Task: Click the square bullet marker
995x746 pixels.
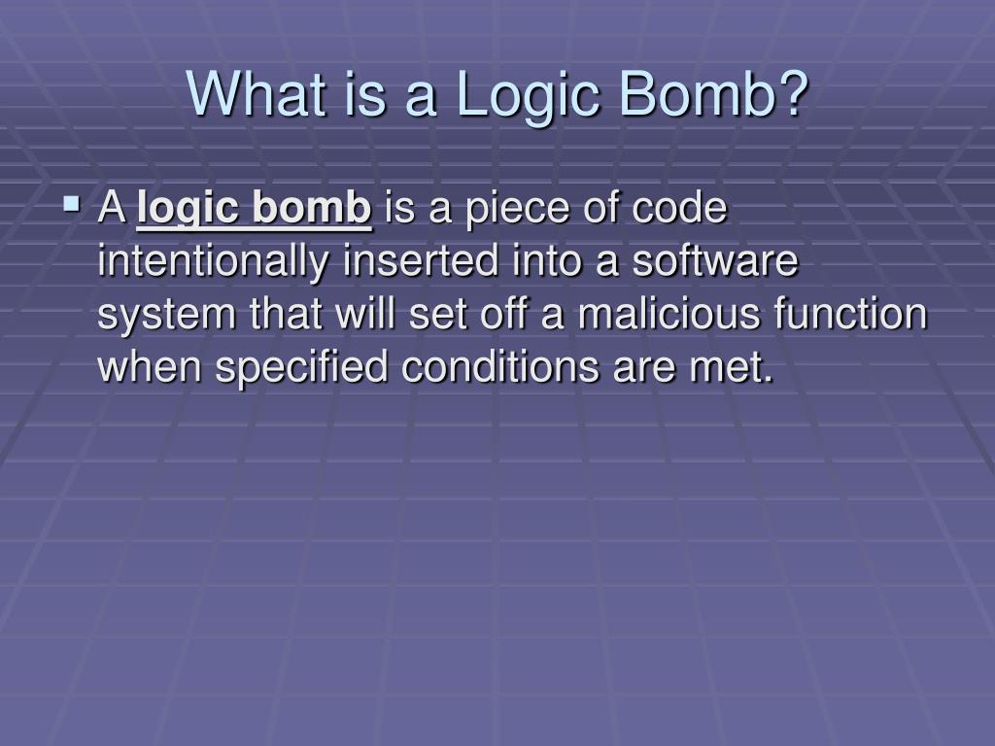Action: pos(72,205)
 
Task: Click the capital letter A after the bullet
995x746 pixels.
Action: pos(112,210)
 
